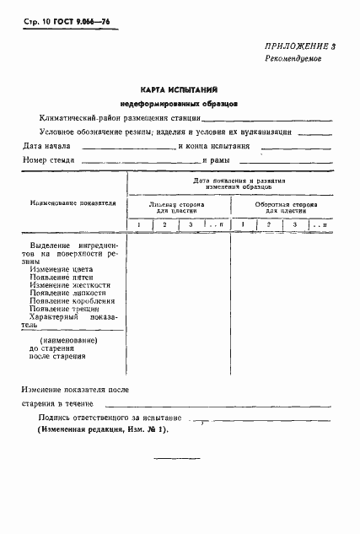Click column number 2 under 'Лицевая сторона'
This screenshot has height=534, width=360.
pos(165,224)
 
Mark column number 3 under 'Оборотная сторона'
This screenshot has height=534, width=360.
pos(295,224)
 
